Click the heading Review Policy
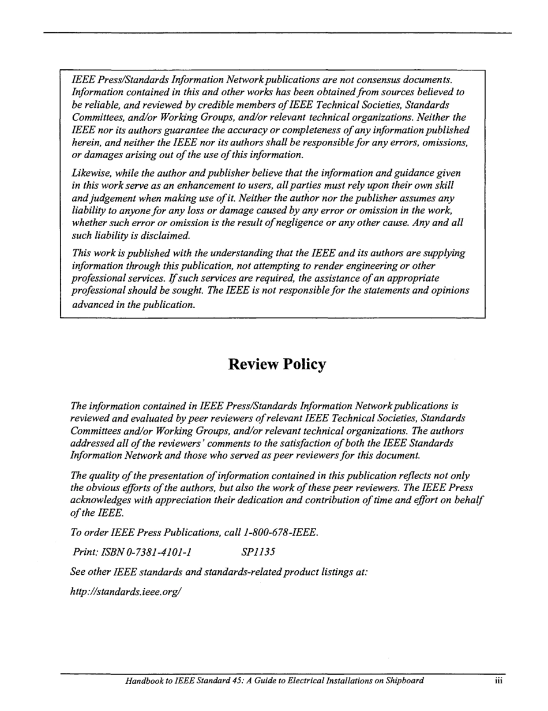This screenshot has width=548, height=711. click(x=277, y=365)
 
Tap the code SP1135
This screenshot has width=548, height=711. click(x=258, y=552)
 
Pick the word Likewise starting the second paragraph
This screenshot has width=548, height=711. click(x=91, y=173)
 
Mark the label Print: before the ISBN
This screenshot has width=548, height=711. click(x=85, y=552)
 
